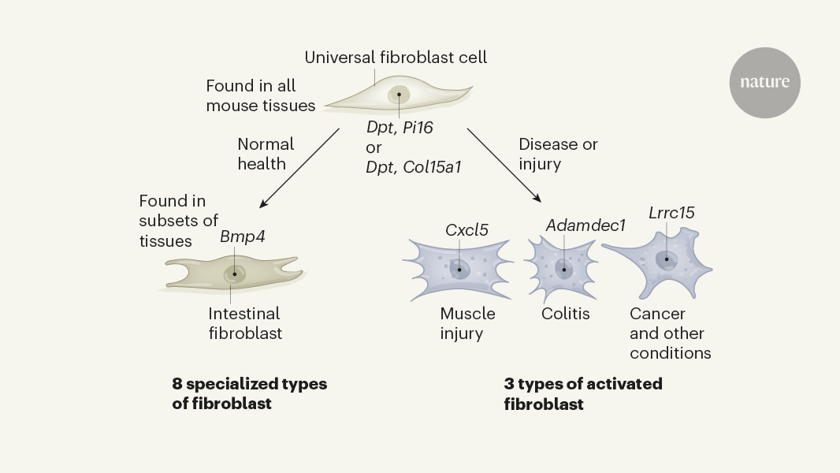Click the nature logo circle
coord(764,83)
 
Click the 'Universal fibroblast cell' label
coord(396,58)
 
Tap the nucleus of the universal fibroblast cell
coord(399,95)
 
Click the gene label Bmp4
coord(242,236)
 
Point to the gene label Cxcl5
coord(466,230)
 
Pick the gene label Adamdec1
coord(585,225)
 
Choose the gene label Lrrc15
coord(671,213)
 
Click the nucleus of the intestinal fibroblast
coord(234,274)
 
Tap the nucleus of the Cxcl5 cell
coord(459,269)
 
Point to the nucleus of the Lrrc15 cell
coord(667,259)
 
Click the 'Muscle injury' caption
coord(468,323)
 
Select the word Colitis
coord(565,314)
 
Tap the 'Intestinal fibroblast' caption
coord(245,323)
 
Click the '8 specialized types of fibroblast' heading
coord(249,393)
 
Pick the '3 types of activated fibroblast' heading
coord(583,393)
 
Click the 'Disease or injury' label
coord(558,155)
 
